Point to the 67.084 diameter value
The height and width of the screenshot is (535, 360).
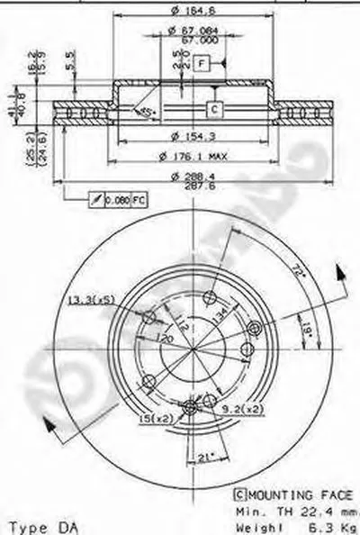[187, 31]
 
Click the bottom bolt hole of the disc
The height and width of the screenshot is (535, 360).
[189, 409]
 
